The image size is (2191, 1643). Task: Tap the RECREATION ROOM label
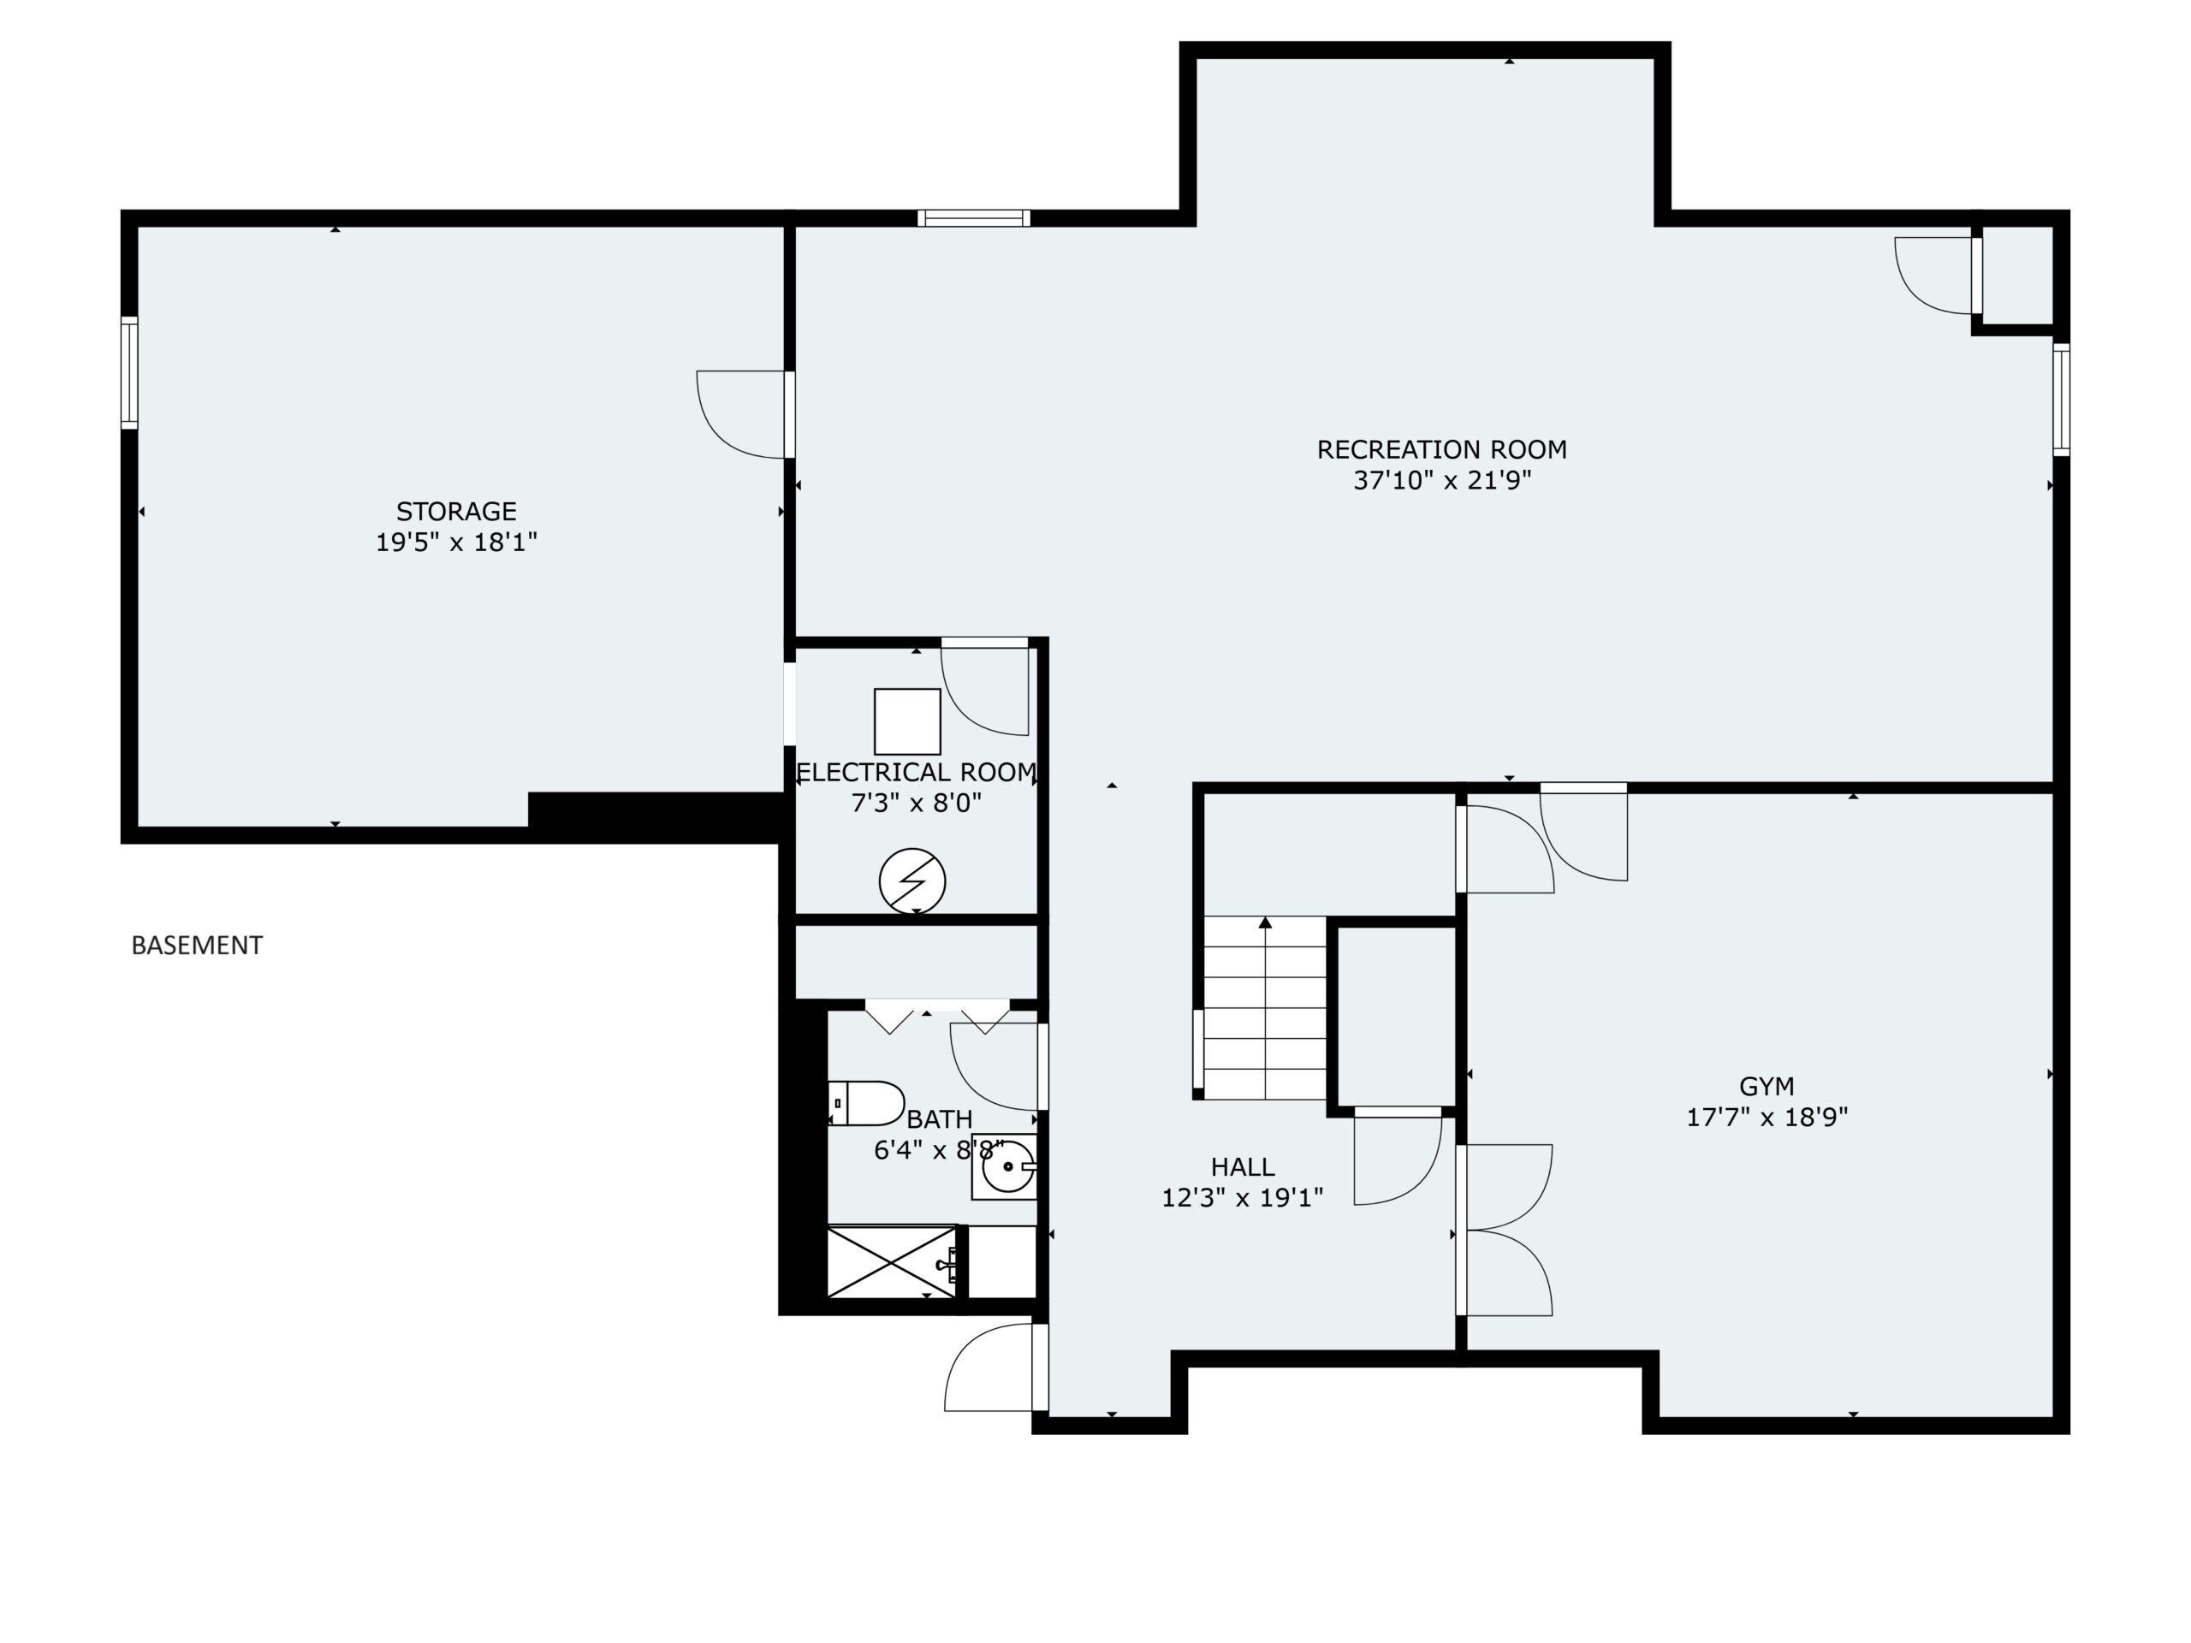[1441, 449]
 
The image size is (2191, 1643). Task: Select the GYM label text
[1766, 1087]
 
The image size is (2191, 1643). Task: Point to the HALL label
[1242, 1166]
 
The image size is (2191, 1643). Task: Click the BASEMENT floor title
[197, 946]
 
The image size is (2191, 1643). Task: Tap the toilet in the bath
[866, 1103]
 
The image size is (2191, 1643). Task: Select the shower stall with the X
[892, 1260]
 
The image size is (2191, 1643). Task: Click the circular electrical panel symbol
[912, 881]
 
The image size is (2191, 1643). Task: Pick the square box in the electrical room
[907, 722]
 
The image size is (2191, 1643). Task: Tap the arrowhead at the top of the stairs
[1265, 923]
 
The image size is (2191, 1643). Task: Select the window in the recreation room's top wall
[974, 218]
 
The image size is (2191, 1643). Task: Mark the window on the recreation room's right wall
[2061, 399]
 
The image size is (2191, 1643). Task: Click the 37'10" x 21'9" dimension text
[1442, 481]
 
